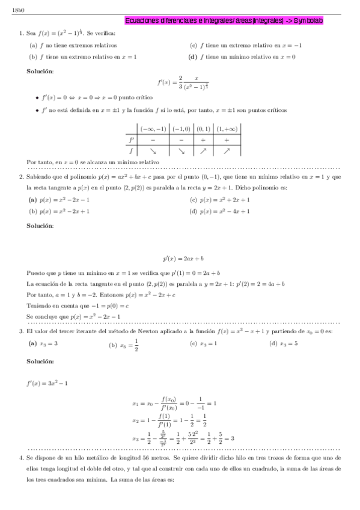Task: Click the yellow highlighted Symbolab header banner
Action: pos(224,20)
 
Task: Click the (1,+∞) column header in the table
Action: pos(227,128)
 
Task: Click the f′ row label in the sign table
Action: pos(132,140)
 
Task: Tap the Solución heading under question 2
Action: pos(40,226)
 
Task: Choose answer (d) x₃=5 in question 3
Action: pos(284,343)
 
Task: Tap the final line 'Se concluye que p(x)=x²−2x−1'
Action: pos(74,316)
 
